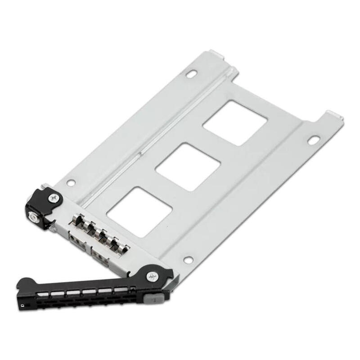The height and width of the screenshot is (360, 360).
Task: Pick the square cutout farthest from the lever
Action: (235, 122)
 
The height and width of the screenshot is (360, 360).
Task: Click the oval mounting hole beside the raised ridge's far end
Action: (193, 73)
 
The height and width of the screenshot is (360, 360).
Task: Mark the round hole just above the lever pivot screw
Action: (188, 260)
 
